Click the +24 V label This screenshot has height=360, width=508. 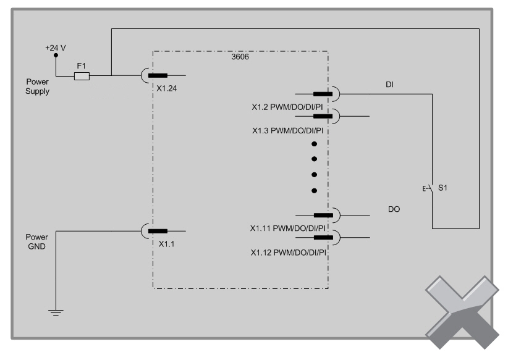coord(55,47)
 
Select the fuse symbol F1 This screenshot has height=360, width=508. coord(82,76)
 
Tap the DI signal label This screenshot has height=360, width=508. coord(389,85)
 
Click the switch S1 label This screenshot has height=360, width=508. coord(442,188)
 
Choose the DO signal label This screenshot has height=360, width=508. coord(394,209)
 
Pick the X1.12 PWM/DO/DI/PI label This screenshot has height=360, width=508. coord(287,252)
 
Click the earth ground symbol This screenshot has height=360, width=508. coord(56,314)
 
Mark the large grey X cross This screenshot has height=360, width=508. coord(462,312)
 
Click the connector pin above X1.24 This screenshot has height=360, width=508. coord(158,76)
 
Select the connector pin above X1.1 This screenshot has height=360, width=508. coord(158,231)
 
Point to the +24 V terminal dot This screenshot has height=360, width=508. coord(56,55)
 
